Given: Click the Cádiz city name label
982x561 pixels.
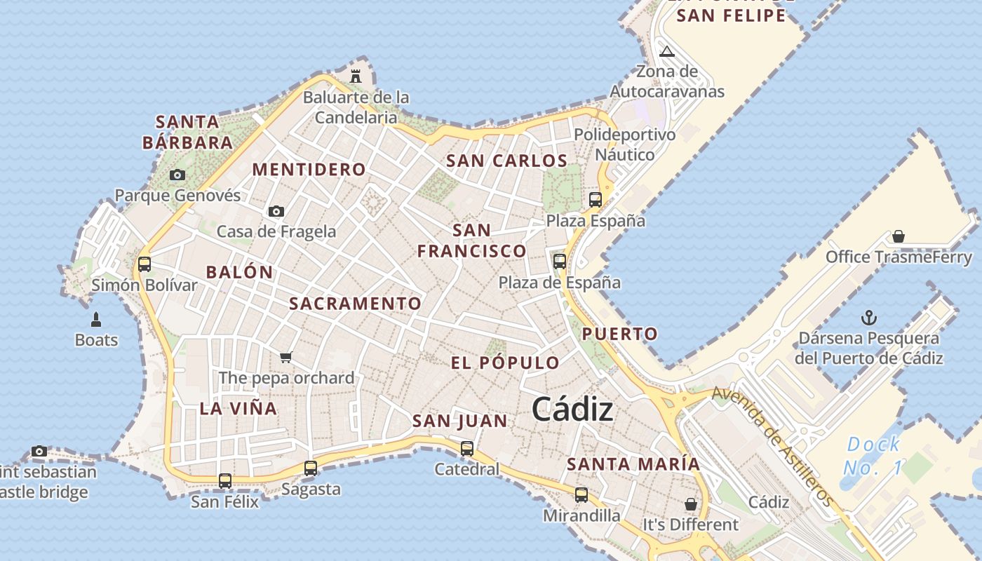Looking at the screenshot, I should coord(572,410).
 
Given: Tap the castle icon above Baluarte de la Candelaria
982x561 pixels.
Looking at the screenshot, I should coord(356,76).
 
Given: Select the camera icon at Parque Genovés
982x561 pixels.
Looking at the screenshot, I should coord(177,175).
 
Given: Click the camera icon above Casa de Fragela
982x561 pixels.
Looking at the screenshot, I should coord(276,211).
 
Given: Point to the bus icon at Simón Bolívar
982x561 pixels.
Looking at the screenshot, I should coord(144,264).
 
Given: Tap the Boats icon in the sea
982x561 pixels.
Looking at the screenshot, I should coord(97,320).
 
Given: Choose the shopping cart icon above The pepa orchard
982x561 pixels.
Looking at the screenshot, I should coord(285,358).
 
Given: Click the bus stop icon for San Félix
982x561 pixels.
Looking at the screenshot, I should coord(225,481).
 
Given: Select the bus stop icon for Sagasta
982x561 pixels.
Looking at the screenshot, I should coord(311,468).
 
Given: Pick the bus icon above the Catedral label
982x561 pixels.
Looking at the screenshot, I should coord(467,449).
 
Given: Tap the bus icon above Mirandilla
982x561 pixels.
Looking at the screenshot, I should coord(581,495).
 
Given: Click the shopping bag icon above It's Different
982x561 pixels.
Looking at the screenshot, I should coord(691,504).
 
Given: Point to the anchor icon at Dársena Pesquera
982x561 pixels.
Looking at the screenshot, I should coord(869,318).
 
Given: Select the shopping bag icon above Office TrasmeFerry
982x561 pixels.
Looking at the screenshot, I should coord(899,236).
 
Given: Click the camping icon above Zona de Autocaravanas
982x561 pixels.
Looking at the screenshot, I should coord(667,51).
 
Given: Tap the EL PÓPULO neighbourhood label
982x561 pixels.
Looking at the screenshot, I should coord(505,363).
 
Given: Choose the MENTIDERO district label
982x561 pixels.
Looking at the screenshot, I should coord(309,170).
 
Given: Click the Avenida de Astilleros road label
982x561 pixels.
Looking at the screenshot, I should coord(773,446).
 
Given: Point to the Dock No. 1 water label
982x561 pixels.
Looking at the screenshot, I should coord(874,456).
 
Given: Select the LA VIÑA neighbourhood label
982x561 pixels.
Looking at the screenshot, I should coord(238,409).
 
